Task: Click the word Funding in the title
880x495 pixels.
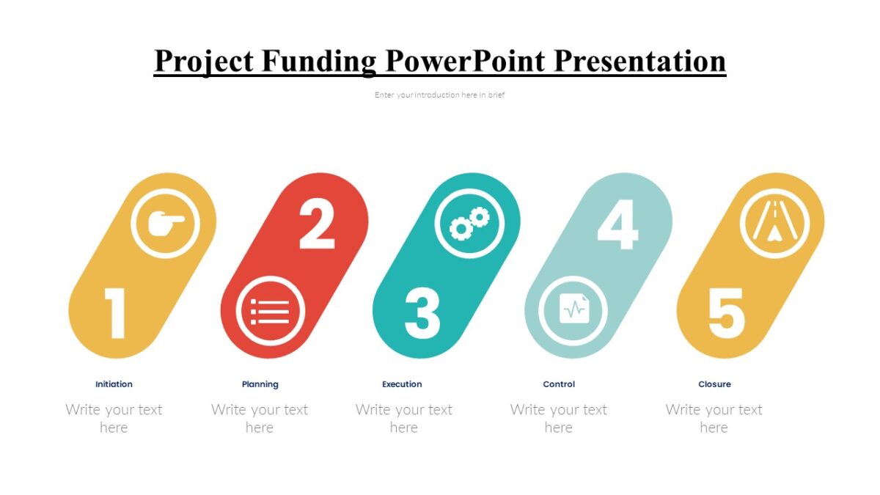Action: click(x=318, y=61)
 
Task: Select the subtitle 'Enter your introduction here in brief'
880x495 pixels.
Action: click(x=439, y=95)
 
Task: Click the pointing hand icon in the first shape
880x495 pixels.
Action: click(x=165, y=223)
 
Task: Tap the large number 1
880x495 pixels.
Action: click(x=115, y=313)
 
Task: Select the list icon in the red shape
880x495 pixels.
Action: click(x=270, y=311)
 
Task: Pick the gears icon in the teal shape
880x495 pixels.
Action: click(x=469, y=223)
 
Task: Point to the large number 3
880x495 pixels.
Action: click(x=422, y=313)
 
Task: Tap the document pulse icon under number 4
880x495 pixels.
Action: click(x=573, y=310)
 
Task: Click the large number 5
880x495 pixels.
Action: click(x=726, y=313)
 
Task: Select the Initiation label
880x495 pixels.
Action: click(x=114, y=384)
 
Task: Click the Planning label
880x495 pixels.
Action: click(x=260, y=384)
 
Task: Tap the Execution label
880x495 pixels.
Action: click(x=402, y=384)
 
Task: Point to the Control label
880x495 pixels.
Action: click(x=559, y=384)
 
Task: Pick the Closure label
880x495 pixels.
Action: click(x=714, y=384)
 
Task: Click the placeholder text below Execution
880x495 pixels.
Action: click(x=403, y=418)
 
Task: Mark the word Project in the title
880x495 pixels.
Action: click(x=203, y=61)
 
